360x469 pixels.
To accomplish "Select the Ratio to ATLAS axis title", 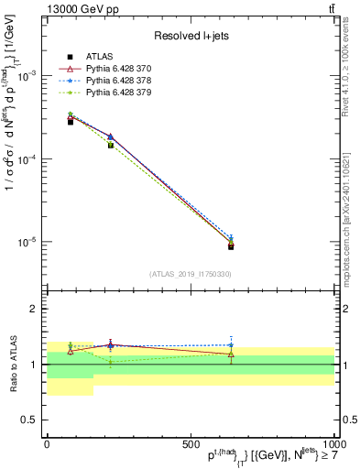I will tap(11, 364).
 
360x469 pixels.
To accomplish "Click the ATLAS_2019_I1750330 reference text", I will tap(191, 274).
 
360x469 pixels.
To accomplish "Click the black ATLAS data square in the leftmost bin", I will tap(71, 122).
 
